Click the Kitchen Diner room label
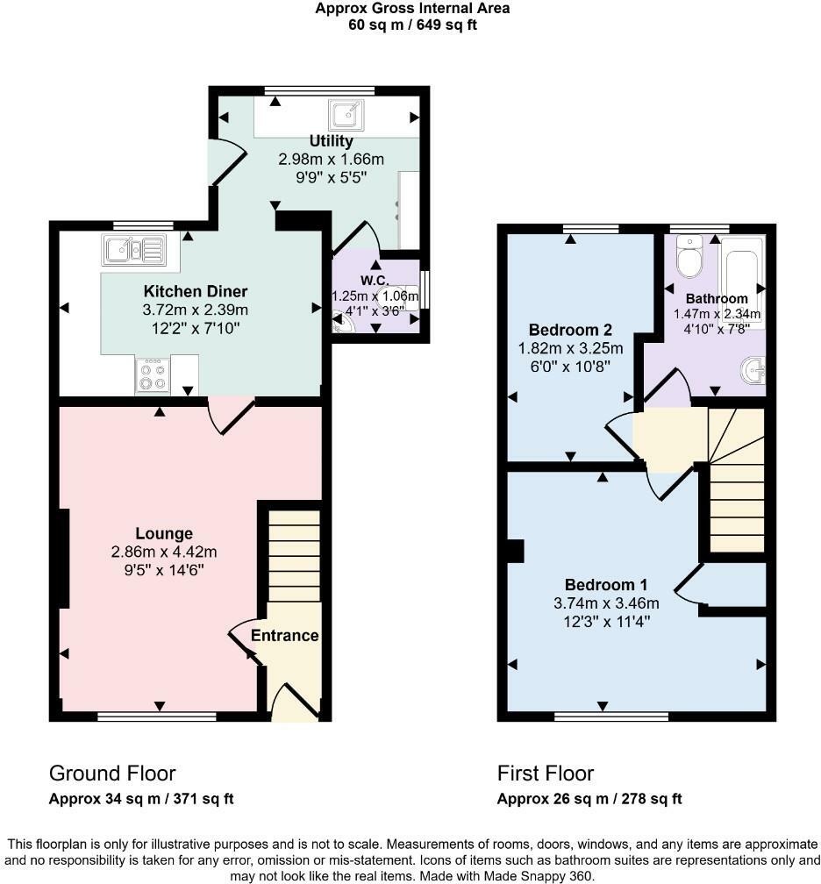(x=195, y=291)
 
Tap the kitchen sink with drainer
(x=134, y=250)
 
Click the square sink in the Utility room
(x=346, y=115)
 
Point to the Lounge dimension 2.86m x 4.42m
(x=164, y=552)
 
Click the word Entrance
(x=284, y=635)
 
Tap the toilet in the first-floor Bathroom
(x=689, y=257)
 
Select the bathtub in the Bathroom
(x=743, y=282)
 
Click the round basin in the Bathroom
(x=753, y=371)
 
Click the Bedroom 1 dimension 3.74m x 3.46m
(x=606, y=603)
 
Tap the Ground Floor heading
(x=112, y=773)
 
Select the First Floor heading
(x=546, y=773)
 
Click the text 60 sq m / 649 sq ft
(x=413, y=25)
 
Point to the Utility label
(x=331, y=140)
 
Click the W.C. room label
(x=375, y=281)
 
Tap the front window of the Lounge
(x=157, y=716)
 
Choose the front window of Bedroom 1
(x=611, y=716)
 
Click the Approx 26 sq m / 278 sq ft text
(x=589, y=799)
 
